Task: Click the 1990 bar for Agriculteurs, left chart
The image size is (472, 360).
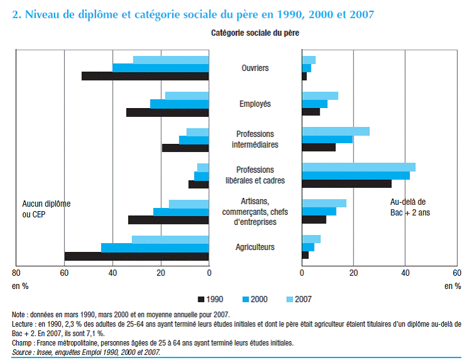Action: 136,256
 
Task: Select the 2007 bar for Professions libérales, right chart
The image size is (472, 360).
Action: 358,167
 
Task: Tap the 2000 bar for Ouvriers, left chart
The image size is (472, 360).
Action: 160,68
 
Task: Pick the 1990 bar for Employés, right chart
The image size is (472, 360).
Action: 311,112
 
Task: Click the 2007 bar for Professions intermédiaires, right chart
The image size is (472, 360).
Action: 335,131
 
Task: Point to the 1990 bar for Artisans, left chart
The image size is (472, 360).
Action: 168,220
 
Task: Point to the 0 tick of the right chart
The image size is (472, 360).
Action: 302,273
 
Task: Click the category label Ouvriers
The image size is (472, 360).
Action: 255,68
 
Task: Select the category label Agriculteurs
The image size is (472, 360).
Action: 255,248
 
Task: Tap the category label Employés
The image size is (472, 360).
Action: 255,104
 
